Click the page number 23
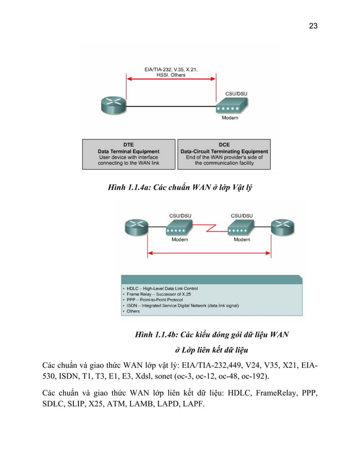[x=313, y=25]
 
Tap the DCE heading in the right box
[x=224, y=144]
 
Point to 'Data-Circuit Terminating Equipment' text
[x=224, y=151]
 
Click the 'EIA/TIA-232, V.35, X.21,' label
[x=171, y=69]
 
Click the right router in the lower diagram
[x=282, y=228]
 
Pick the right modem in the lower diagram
[x=242, y=229]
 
